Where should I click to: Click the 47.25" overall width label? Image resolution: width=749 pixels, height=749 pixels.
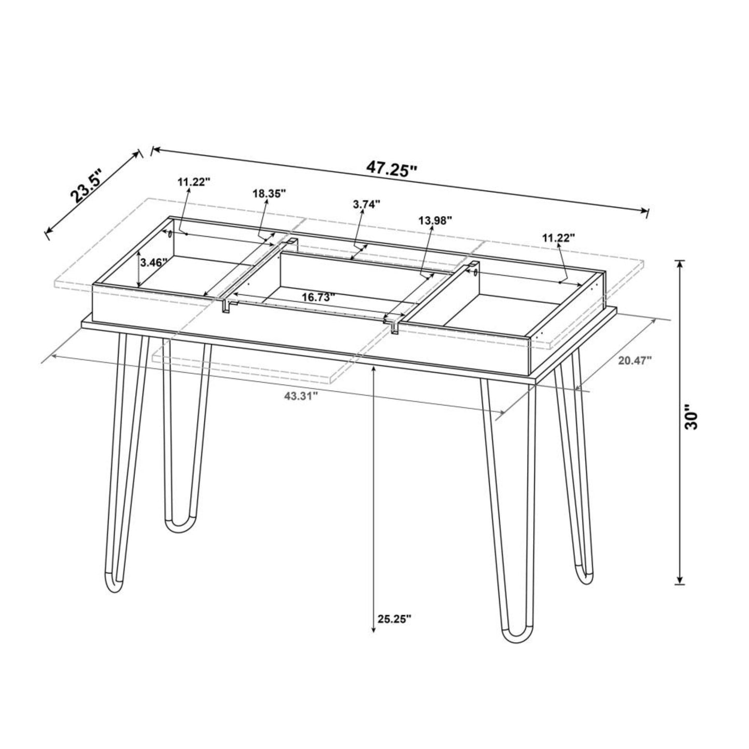click(392, 168)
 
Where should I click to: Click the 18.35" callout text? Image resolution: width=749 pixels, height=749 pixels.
click(270, 194)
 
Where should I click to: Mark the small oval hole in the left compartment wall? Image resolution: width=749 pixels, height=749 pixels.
click(170, 234)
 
